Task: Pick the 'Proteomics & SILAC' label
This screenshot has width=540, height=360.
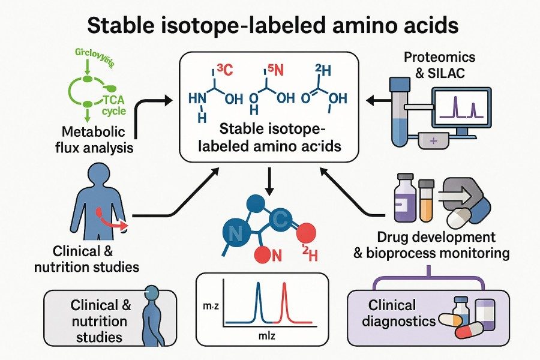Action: [439, 65]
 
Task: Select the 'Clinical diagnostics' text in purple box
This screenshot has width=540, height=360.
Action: [402, 313]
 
